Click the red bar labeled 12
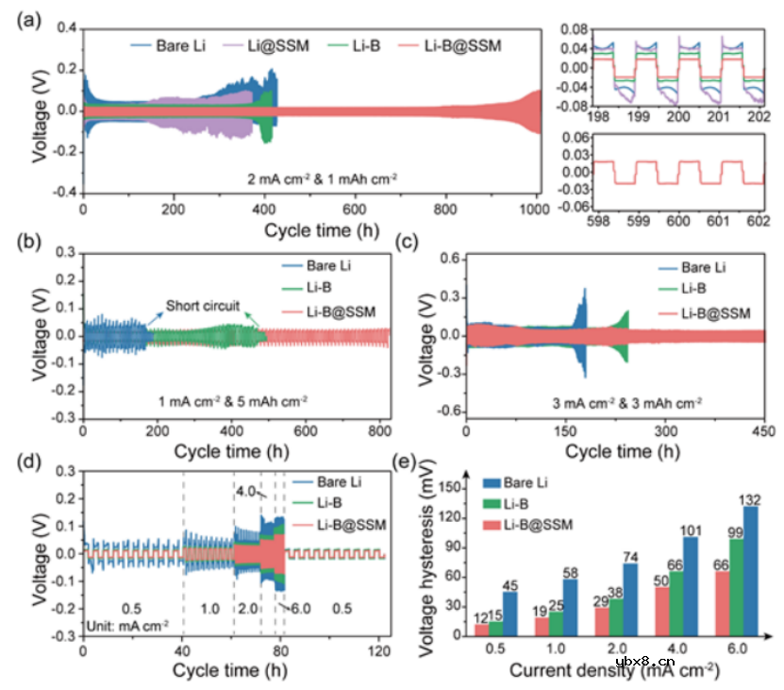click(483, 631)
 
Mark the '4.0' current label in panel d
click(246, 490)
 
